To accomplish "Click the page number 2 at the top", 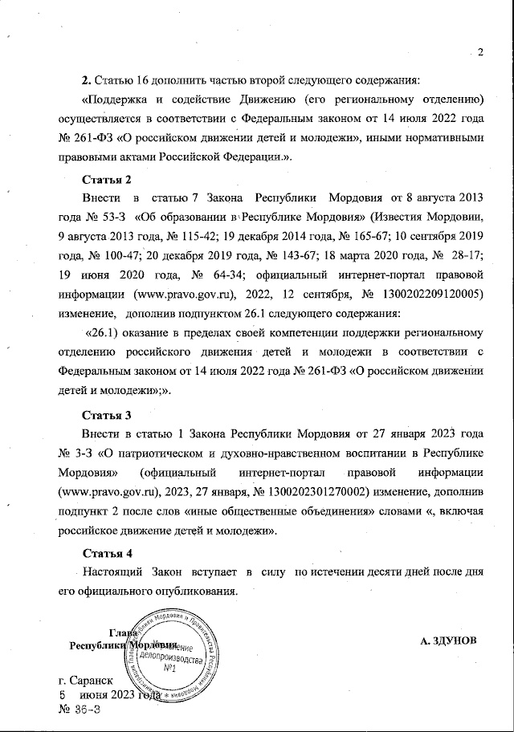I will click(x=479, y=54).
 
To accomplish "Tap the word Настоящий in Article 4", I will click(x=112, y=572).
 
